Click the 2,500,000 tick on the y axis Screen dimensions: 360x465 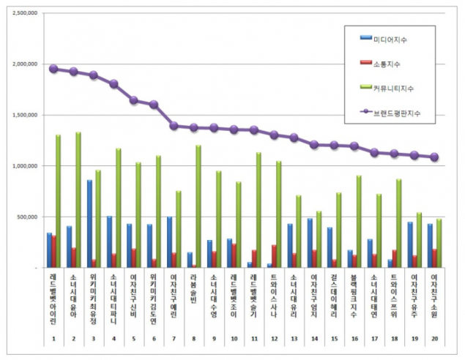point(23,13)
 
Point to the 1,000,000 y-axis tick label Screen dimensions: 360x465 point(23,166)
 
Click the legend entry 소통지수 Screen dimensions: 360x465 point(385,63)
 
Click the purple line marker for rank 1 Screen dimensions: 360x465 point(53,69)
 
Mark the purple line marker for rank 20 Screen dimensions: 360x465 point(434,157)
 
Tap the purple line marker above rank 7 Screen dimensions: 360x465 point(174,126)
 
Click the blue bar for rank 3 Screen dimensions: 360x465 point(89,224)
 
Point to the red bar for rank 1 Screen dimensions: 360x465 point(53,251)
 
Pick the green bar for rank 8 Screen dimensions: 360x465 point(198,206)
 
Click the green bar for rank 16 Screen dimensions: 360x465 point(359,222)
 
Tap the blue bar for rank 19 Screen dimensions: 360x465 point(409,245)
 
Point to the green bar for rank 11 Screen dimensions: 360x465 point(258,210)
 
